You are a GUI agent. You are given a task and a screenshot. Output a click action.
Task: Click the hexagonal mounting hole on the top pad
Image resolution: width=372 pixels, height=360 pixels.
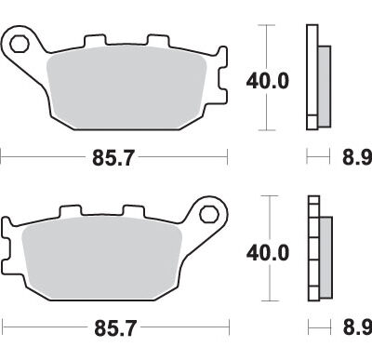click(20, 44)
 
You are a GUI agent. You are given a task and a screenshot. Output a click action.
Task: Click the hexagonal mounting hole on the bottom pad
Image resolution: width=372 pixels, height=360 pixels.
click(209, 214)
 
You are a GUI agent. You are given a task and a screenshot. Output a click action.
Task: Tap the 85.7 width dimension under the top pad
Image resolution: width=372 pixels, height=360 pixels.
click(113, 158)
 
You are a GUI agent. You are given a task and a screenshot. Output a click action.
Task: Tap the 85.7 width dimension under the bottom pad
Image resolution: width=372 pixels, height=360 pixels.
click(115, 328)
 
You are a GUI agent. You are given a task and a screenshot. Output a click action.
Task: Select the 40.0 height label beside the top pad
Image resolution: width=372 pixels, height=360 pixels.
click(268, 81)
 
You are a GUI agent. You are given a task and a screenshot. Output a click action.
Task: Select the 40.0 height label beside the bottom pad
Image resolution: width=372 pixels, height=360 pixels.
click(268, 252)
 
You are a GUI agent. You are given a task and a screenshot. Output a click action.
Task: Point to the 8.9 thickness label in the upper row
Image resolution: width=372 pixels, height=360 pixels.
click(357, 157)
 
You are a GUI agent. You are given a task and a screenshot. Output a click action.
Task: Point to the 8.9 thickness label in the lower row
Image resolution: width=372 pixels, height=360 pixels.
click(357, 327)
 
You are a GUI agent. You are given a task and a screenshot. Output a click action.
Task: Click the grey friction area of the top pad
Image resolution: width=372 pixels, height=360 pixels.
click(126, 87)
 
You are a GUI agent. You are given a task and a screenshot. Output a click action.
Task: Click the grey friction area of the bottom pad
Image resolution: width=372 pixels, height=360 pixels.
click(101, 258)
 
